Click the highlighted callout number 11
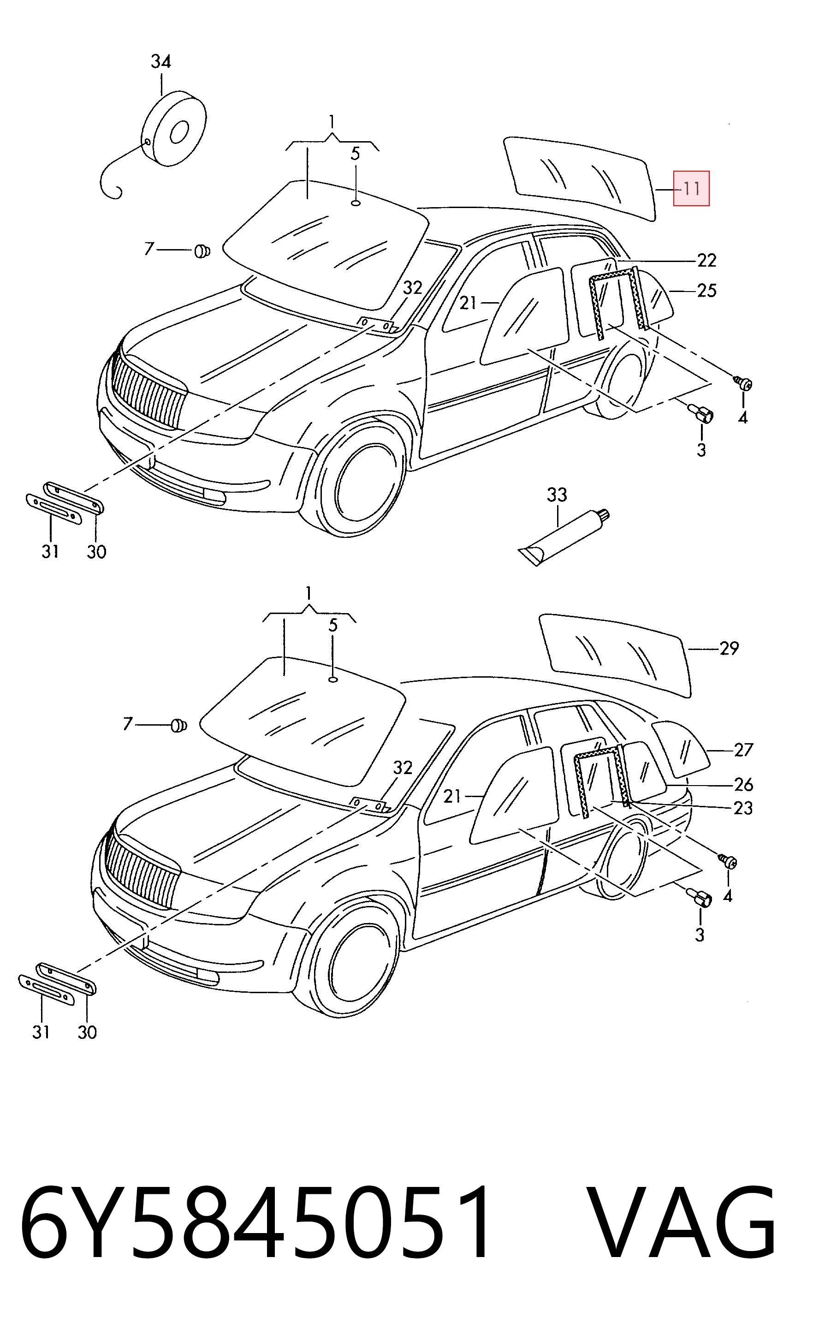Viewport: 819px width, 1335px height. click(x=692, y=189)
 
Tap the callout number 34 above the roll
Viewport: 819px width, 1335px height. click(x=161, y=61)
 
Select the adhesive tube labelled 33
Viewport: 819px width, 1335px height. click(x=564, y=536)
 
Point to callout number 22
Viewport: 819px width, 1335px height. click(x=706, y=261)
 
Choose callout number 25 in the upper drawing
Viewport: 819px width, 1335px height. click(x=707, y=291)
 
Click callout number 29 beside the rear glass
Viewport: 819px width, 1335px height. click(x=730, y=648)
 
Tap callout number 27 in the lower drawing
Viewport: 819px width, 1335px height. click(x=744, y=750)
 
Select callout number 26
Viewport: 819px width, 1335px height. click(x=744, y=784)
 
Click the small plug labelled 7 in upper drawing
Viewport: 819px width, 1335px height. click(x=202, y=251)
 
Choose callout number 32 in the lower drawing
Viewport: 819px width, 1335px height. click(x=403, y=767)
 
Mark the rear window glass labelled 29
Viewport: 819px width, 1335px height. click(x=616, y=656)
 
